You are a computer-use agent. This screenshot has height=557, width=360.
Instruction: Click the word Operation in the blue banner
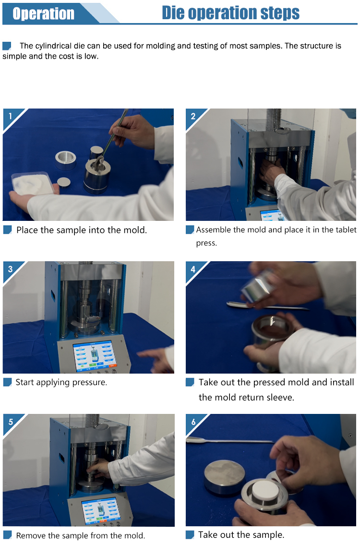[x=43, y=13]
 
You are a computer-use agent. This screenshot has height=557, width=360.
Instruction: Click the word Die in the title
[x=173, y=13]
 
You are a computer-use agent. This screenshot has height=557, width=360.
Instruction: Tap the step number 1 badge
[x=10, y=116]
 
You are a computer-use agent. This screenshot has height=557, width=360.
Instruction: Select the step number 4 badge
[x=193, y=269]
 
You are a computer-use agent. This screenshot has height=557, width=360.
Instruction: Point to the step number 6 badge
[x=193, y=422]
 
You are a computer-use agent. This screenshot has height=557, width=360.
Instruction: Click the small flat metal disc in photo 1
[x=63, y=182]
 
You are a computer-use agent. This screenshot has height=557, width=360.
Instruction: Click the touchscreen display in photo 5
[x=100, y=510]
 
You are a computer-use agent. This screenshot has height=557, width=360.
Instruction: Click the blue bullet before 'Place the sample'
[x=8, y=230]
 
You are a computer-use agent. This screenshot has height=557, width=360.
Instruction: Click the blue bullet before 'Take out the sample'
[x=190, y=534]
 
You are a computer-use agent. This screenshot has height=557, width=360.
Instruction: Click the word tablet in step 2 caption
[x=346, y=230]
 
